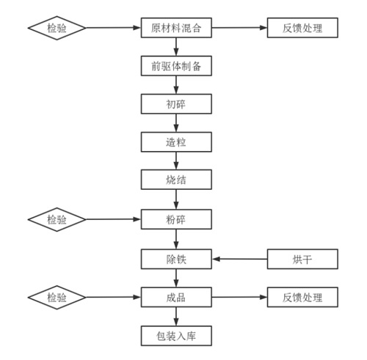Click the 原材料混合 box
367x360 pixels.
(176, 28)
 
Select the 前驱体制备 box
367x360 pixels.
(176, 66)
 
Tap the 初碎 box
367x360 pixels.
(176, 104)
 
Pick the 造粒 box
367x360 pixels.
(176, 142)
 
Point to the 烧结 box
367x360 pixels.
(176, 180)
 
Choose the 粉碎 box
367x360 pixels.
(176, 219)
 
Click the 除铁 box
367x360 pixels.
(176, 259)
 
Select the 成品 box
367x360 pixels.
(176, 297)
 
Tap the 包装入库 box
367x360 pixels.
(176, 336)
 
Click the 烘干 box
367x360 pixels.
(302, 259)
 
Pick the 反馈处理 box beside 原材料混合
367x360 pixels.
(302, 28)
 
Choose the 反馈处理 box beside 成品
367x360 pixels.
(302, 297)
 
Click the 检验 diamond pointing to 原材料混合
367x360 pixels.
(57, 28)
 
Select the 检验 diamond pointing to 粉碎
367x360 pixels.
(57, 219)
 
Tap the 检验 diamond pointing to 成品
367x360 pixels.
(57, 298)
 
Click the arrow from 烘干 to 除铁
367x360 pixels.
(239, 259)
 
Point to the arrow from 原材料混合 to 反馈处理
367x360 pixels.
(239, 28)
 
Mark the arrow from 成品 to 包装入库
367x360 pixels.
(176, 317)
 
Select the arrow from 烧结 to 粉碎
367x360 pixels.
(176, 199)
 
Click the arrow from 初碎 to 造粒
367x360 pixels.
(176, 123)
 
